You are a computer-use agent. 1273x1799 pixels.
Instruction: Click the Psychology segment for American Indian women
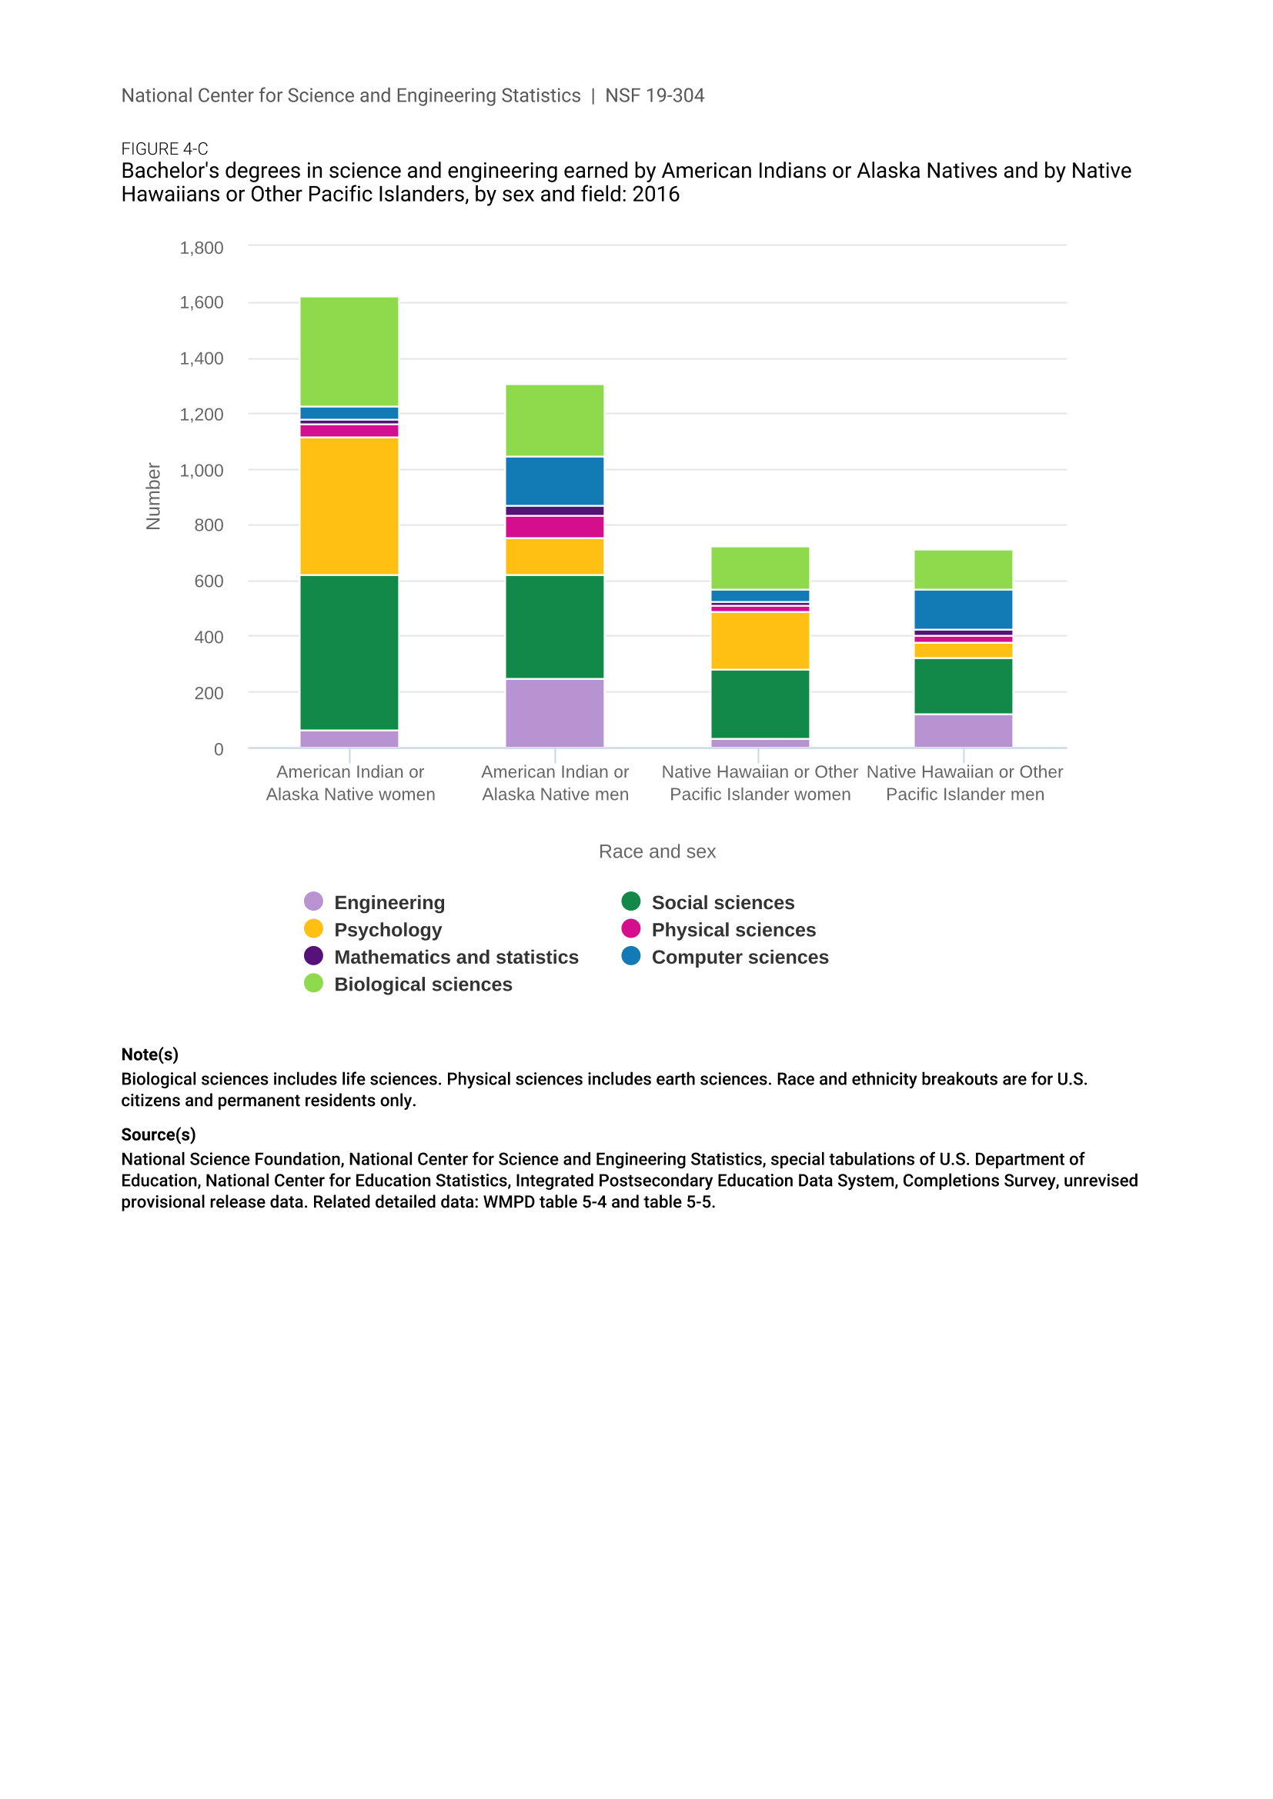(349, 506)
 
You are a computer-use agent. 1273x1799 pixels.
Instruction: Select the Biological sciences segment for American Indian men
(554, 420)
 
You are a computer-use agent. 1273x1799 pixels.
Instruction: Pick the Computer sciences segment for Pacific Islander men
(963, 609)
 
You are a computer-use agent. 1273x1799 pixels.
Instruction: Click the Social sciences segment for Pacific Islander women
(760, 704)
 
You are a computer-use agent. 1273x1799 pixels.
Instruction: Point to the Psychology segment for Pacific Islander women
(760, 640)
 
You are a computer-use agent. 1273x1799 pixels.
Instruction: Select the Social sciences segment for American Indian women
(349, 652)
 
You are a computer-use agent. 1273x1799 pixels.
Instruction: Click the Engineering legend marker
(313, 901)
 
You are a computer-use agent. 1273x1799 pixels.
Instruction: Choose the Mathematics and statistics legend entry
(456, 957)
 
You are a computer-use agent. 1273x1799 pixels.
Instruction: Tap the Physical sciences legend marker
(631, 928)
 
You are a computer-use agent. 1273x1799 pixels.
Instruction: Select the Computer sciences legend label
(739, 957)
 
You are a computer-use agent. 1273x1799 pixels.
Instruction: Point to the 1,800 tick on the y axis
(202, 248)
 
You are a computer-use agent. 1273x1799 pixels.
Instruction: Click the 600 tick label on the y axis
(209, 581)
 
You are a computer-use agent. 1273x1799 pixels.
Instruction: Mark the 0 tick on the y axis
(219, 749)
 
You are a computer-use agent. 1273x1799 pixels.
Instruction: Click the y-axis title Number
(154, 496)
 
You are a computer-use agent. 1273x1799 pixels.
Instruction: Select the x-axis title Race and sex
(657, 851)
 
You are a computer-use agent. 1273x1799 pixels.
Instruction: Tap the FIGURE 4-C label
(165, 149)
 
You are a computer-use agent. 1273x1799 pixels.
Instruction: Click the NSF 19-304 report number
(654, 95)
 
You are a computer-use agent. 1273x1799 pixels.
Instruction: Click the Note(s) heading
(150, 1054)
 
